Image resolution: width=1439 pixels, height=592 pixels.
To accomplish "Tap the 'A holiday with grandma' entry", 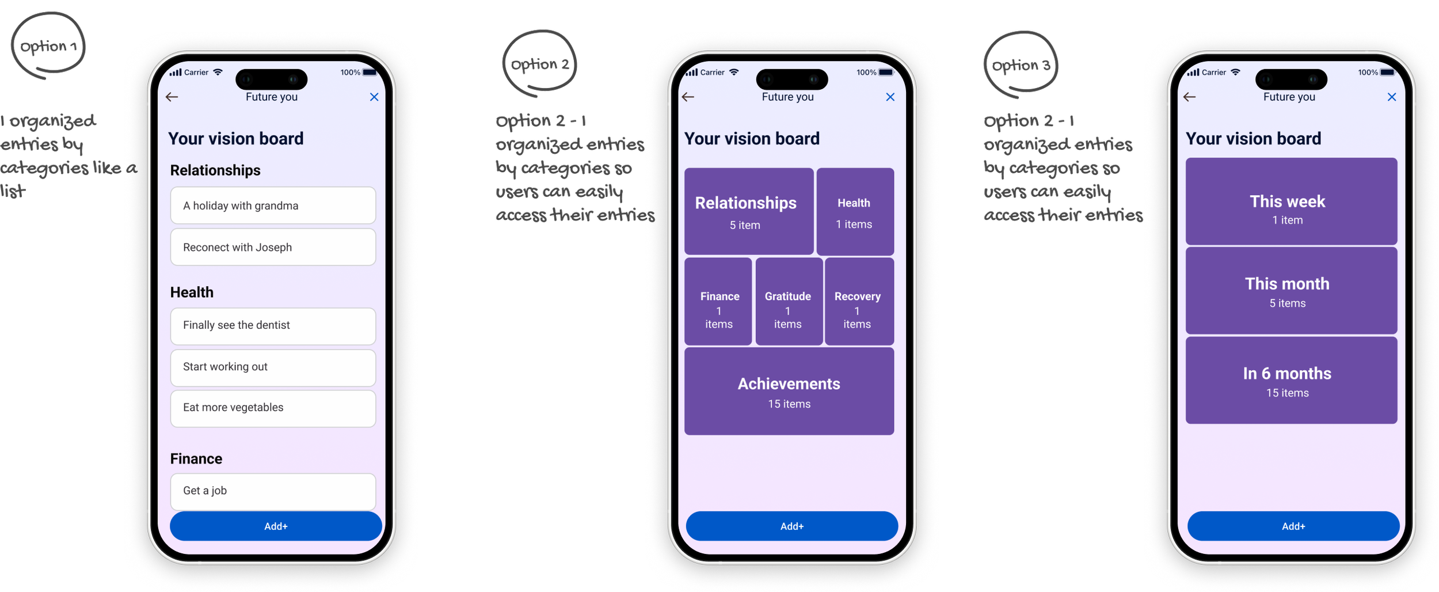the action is [x=273, y=206].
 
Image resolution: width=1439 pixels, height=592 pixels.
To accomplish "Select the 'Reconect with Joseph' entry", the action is [x=273, y=247].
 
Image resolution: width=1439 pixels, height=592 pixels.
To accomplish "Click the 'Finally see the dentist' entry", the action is [x=273, y=325].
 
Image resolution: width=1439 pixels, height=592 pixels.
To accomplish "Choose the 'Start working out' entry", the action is [x=273, y=367].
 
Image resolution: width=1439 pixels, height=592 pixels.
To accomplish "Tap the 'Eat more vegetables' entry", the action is [x=273, y=408].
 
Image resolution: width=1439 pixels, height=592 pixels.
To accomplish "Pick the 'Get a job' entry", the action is [x=273, y=491].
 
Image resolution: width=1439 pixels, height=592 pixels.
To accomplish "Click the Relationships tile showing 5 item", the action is [x=748, y=211].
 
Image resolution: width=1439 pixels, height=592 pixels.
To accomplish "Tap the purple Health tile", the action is [x=855, y=211].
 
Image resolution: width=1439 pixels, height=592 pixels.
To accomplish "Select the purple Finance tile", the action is [x=718, y=301].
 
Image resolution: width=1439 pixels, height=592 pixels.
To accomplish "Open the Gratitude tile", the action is [x=789, y=301].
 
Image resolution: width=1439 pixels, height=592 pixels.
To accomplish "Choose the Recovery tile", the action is [x=859, y=301].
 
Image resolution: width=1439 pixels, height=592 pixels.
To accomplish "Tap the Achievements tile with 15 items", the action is [x=789, y=391].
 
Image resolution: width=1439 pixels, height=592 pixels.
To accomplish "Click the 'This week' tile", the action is [x=1291, y=202].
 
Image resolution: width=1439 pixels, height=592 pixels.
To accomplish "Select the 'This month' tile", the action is [x=1291, y=291].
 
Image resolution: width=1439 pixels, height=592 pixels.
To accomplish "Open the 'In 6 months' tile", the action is [x=1291, y=381].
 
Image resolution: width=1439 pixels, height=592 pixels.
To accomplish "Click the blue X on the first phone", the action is [x=374, y=97].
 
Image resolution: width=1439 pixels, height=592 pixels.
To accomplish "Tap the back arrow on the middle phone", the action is [x=688, y=97].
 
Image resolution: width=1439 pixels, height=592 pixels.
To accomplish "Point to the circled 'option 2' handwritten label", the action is [x=539, y=64].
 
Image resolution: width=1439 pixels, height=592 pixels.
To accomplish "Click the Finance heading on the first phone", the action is [x=196, y=458].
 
